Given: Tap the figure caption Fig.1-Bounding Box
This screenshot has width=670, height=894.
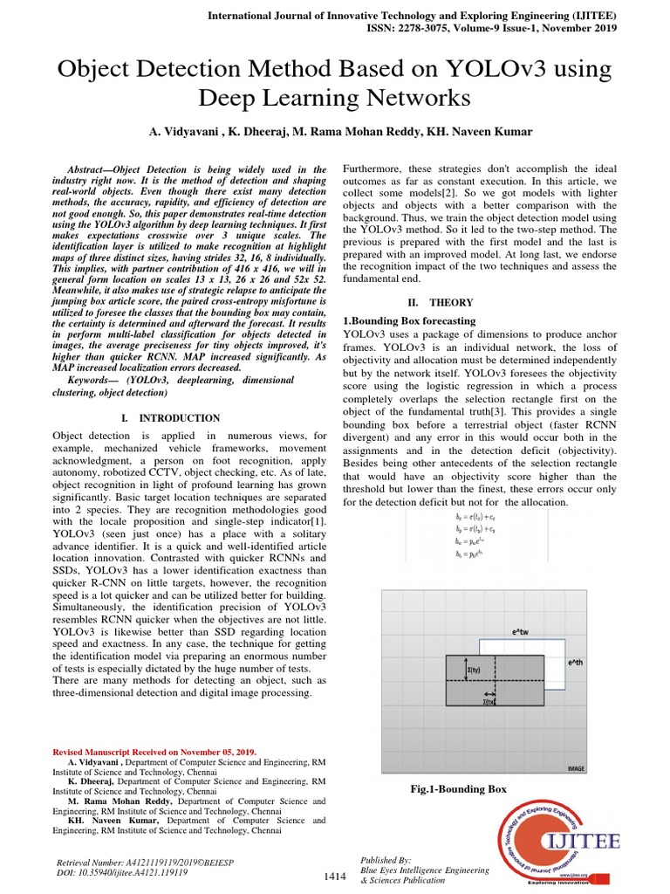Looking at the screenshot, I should pos(458,789).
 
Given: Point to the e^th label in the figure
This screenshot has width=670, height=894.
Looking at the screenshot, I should pos(575,664).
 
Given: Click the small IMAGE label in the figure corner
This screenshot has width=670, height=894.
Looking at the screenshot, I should pos(576,768).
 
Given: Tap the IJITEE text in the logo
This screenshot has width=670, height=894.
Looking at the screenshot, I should pos(583,842).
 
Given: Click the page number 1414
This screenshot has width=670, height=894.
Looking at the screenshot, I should pos(335,877).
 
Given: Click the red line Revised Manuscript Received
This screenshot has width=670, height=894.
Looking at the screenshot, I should pos(154,751).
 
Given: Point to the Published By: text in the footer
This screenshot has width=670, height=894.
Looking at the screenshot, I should pos(386,860).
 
